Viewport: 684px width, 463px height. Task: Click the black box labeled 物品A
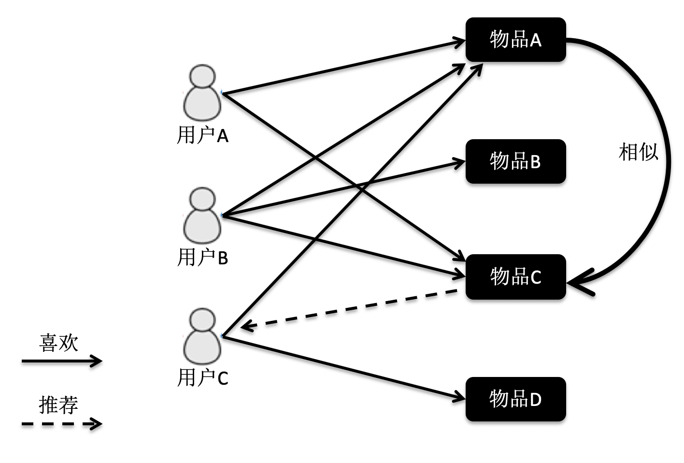(x=515, y=40)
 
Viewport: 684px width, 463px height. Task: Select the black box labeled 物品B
(x=515, y=161)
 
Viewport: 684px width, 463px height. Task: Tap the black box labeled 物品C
(x=515, y=277)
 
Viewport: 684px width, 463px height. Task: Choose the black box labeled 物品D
(x=515, y=399)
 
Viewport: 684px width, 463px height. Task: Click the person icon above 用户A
(x=202, y=94)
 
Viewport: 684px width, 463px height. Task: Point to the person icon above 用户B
(x=202, y=216)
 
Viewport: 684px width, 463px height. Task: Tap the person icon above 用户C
(x=202, y=336)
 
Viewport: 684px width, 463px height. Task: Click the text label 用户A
(x=202, y=136)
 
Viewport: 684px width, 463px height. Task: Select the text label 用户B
(x=202, y=257)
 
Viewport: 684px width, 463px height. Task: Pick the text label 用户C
(x=202, y=377)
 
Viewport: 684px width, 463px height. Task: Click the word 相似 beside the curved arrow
(x=638, y=152)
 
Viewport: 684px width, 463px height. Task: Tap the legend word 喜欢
(x=58, y=343)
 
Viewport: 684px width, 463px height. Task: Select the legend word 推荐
(x=58, y=405)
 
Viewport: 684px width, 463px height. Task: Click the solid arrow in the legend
(x=62, y=361)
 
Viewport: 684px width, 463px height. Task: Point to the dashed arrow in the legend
(x=62, y=424)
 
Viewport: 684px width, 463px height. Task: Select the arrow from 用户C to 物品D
(x=343, y=367)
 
